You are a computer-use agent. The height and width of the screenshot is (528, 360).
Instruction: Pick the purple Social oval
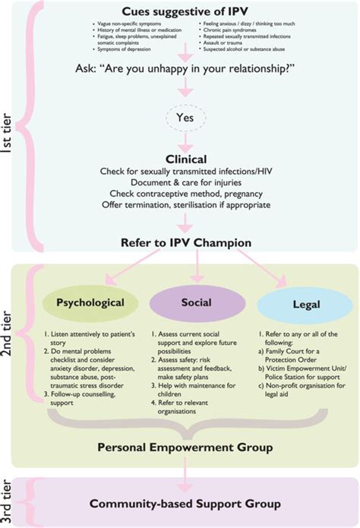tap(196, 302)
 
